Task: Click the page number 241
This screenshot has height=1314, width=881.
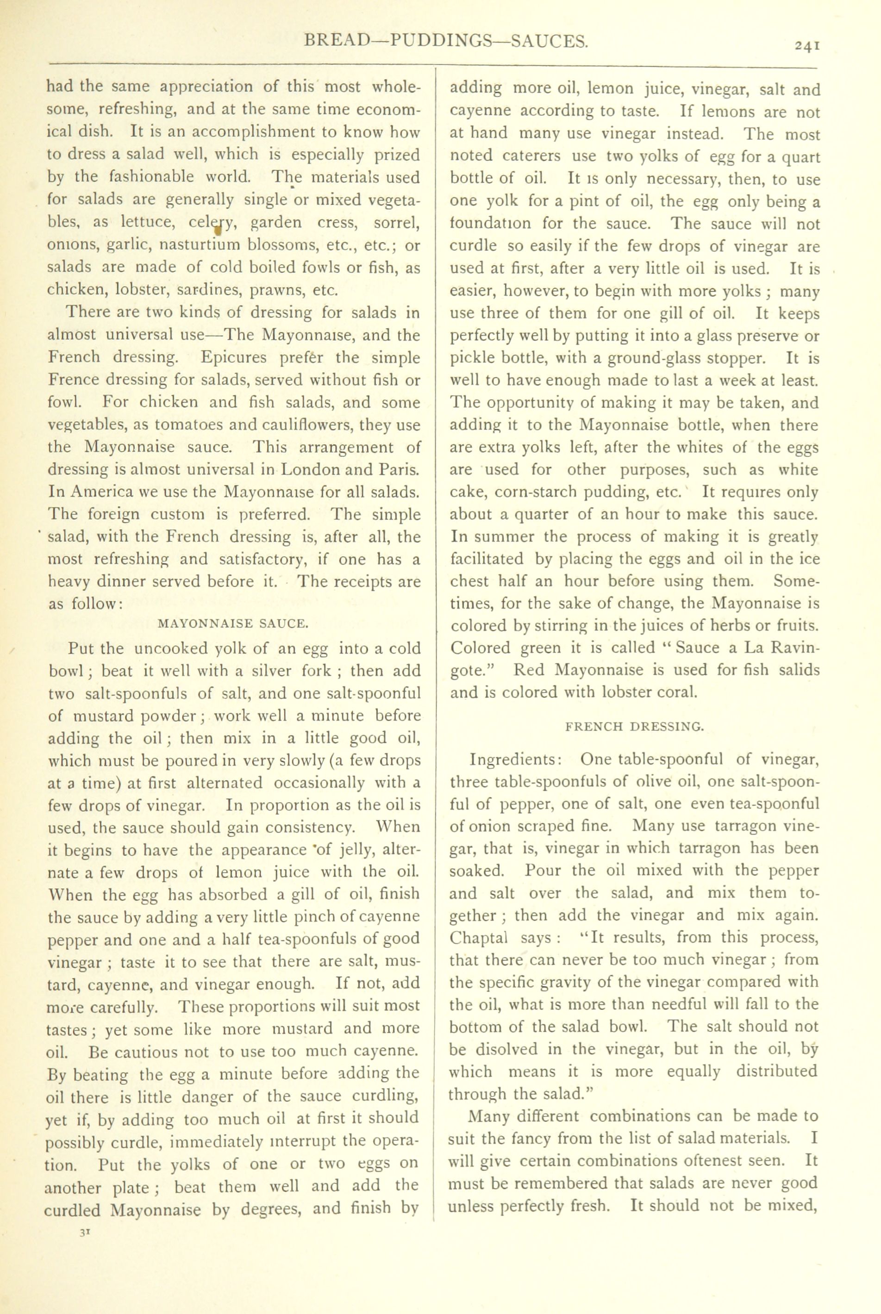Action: coord(807,47)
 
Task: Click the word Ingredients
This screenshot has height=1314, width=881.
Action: coord(513,760)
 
